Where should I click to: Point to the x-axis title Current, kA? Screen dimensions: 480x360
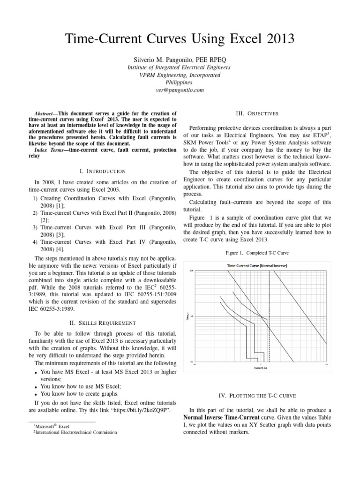point(261,368)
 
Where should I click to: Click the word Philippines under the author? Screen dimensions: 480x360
point(180,82)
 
